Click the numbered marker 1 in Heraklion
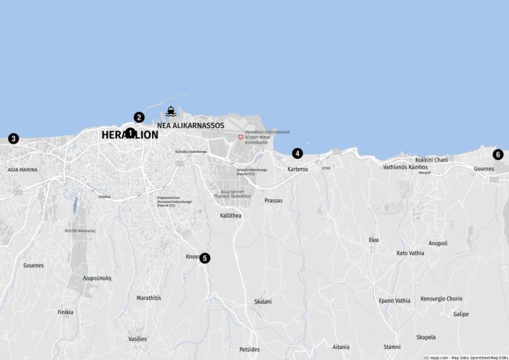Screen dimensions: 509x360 130,133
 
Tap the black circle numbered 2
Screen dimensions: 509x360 139,117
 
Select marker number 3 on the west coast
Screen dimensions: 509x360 13,138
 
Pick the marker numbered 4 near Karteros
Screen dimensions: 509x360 297,153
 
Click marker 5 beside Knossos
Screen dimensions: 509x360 204,258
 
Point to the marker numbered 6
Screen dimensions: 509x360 498,155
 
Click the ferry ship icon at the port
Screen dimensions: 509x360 171,111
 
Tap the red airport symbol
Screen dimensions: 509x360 241,137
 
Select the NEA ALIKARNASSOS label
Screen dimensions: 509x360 190,125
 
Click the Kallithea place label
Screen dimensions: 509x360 230,216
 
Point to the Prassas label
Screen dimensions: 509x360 273,200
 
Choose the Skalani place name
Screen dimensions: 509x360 263,301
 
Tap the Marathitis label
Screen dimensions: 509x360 149,298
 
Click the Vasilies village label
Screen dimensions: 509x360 137,339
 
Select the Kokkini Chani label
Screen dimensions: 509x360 431,160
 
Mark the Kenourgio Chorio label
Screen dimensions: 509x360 442,299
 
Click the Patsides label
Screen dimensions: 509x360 249,349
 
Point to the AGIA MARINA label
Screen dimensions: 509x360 22,170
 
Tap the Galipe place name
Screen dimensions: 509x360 461,314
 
